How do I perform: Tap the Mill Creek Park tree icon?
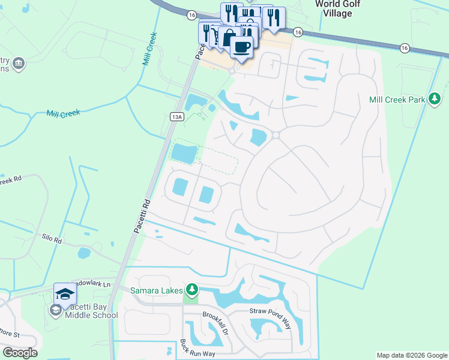pos(435,100)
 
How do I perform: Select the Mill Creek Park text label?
pos(397,100)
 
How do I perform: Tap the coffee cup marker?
pos(241,47)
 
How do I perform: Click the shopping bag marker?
pos(229,38)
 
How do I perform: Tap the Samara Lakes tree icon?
pos(191,290)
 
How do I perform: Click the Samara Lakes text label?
pos(158,290)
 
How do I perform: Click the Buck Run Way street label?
pos(196,349)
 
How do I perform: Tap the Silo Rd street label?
pos(52,239)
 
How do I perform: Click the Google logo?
pos(20,353)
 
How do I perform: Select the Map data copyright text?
pos(411,355)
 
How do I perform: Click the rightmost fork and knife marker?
pos(274,17)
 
